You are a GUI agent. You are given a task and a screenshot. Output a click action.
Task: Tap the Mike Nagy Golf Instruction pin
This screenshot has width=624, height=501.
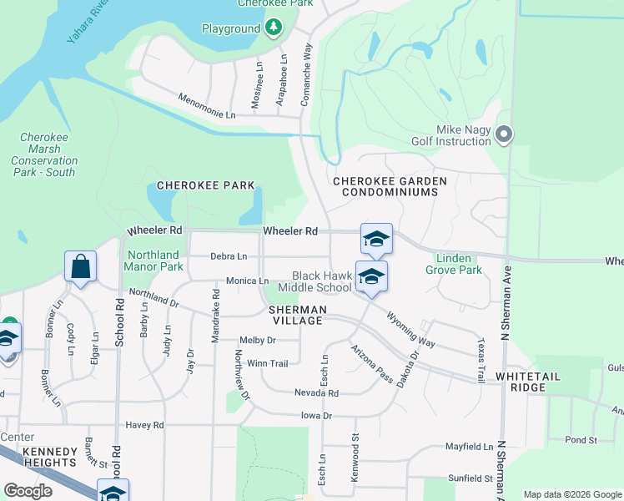coord(503,134)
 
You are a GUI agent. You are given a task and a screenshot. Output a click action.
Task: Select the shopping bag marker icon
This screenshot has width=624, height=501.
coord(80,267)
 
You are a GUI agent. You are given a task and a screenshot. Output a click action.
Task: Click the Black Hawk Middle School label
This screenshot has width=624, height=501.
coord(321,281)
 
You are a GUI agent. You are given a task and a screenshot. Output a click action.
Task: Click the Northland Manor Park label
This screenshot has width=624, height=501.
coord(153,261)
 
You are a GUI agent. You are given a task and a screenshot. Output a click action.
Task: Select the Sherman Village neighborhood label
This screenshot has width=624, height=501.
coord(296,315)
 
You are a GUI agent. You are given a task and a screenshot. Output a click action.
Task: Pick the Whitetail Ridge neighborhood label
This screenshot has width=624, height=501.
coord(532,377)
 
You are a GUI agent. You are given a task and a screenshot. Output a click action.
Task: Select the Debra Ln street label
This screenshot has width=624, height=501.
coord(229,256)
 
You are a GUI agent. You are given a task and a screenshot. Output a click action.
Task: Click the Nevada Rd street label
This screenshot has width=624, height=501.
coord(316,392)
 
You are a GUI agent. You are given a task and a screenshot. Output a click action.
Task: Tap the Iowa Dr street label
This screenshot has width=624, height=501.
coord(316,415)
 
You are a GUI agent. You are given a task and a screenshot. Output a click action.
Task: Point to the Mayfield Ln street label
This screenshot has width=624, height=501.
coord(468,447)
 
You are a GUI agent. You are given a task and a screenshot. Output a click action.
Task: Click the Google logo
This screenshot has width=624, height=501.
coord(28,491)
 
